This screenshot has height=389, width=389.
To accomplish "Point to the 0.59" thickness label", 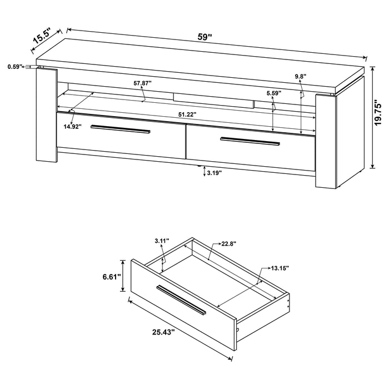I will pyautogui.click(x=14, y=67).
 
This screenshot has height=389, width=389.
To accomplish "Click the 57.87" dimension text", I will pyautogui.click(x=142, y=83).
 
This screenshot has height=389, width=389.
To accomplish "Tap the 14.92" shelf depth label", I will pyautogui.click(x=72, y=126).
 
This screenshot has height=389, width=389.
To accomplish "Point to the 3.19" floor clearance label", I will pyautogui.click(x=214, y=173).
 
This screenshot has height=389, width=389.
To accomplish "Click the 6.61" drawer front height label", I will pyautogui.click(x=111, y=277).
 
